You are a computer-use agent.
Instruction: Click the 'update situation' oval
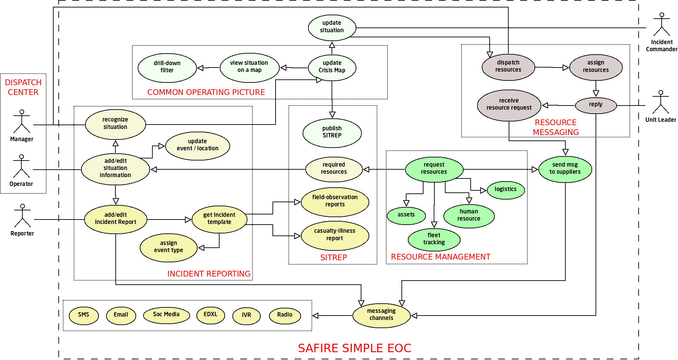pos(332,27)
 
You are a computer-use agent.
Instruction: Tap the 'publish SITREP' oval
pos(332,132)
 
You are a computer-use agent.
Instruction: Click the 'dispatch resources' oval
pos(508,67)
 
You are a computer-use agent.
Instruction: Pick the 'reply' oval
pos(596,105)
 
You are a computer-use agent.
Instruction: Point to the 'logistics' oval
pos(506,190)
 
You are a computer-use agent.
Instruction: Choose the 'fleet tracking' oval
pos(434,239)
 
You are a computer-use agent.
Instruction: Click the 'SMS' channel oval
pos(83,315)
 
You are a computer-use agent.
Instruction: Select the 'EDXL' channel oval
pos(210,315)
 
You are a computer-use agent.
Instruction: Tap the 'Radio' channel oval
pos(285,315)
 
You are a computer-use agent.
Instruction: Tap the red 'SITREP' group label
pos(334,258)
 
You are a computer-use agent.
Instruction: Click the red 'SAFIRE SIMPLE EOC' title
pos(355,348)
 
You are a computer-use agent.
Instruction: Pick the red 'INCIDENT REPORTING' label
pos(209,274)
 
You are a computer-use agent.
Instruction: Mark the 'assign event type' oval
pos(169,247)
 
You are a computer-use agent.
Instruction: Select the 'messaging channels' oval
pos(381,315)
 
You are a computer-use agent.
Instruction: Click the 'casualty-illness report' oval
pos(335,235)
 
